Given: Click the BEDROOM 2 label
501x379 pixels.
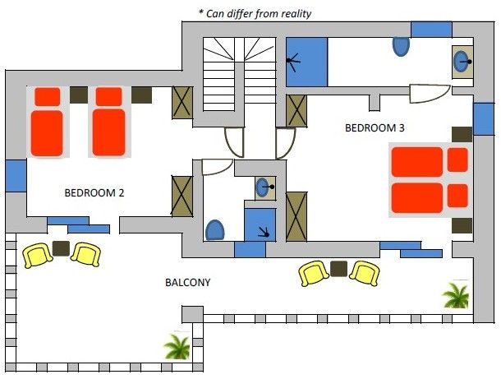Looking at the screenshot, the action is point(94,193).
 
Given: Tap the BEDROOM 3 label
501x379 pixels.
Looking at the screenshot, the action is point(375,128).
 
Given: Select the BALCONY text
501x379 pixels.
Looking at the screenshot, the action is point(187,283).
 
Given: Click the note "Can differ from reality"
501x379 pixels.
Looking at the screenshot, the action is point(259,14).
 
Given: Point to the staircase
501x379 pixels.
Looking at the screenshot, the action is point(239,74).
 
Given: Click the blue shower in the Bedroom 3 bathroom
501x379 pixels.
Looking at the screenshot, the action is point(306,62).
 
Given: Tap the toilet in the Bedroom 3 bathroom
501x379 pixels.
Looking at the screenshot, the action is point(401,46).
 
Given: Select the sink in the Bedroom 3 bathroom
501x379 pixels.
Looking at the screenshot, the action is point(462,62).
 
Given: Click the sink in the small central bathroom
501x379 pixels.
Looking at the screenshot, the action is point(265,187).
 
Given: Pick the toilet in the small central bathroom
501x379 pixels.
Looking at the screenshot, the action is point(215,230).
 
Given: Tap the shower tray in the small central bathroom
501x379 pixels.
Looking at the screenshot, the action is point(260,224).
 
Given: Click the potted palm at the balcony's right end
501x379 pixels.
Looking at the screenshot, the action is point(456,294).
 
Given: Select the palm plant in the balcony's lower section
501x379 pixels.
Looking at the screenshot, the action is point(177,346).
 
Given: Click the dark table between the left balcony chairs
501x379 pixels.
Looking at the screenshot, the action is point(61,248).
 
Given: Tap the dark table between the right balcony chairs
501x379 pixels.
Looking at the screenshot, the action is point(338,269).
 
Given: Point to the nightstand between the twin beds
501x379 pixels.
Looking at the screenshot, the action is point(79,95).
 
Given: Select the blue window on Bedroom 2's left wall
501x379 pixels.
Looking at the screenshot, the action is point(16,176).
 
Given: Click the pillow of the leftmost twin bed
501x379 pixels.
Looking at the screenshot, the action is point(48,96).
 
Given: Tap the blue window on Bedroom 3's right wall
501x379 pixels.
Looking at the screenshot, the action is point(484,118).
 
